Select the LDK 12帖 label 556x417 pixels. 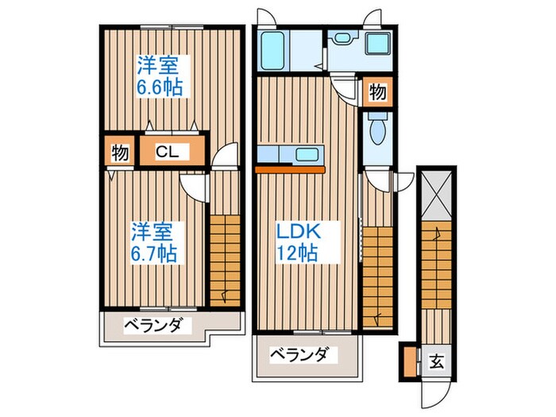297,241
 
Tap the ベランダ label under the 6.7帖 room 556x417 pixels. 154,325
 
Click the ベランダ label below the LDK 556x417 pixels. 297,354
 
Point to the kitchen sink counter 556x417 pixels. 291,154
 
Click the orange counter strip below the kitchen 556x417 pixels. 290,168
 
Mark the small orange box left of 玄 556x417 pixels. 410,361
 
